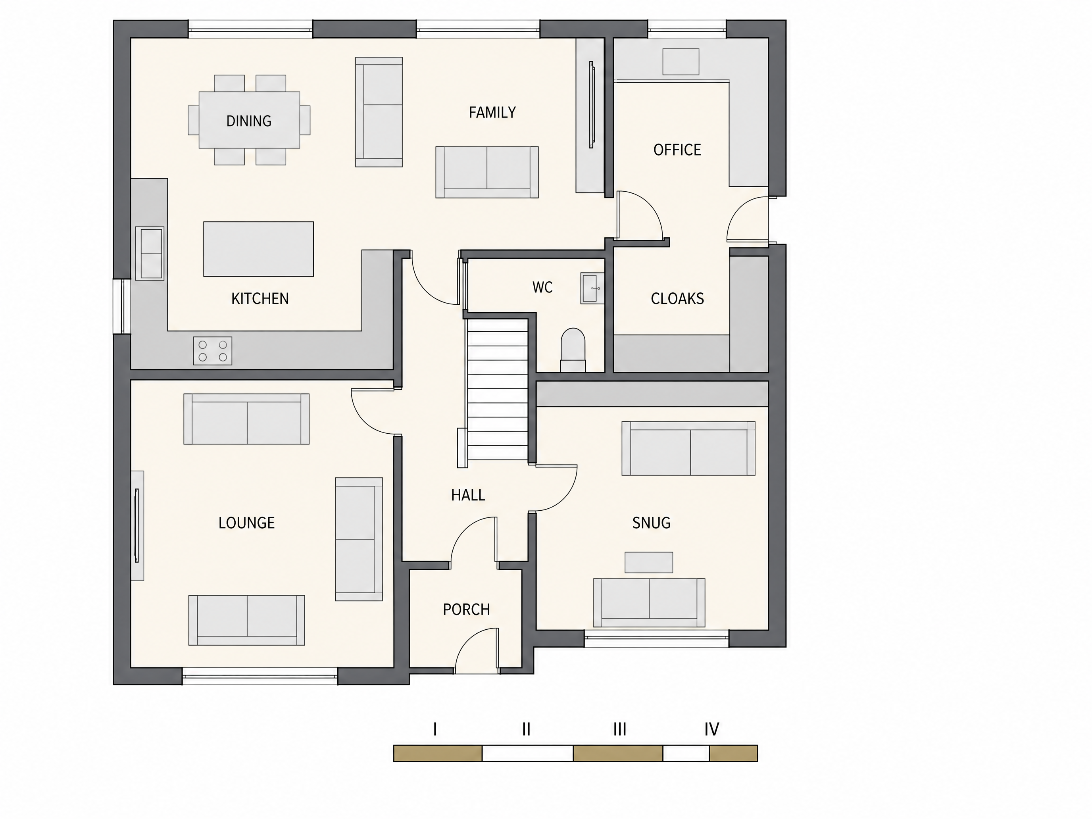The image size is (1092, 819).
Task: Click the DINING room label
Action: point(249,121)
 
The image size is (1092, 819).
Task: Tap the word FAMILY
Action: point(492,113)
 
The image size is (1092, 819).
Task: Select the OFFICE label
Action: point(677,150)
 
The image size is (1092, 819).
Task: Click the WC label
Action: point(542,287)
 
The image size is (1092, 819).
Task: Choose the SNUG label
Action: point(651,523)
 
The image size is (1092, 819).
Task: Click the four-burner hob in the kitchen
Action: point(213,351)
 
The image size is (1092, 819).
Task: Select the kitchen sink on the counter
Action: point(150,254)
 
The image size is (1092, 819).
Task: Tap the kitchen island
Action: point(259,249)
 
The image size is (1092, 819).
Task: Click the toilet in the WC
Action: point(573,350)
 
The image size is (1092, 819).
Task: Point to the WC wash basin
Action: point(592,288)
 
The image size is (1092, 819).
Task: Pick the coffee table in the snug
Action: point(649,562)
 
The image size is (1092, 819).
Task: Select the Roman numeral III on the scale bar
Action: point(619,729)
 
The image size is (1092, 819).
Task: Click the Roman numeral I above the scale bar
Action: point(435,729)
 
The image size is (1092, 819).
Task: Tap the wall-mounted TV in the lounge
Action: point(137,525)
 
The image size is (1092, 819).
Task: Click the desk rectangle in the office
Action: point(681,62)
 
